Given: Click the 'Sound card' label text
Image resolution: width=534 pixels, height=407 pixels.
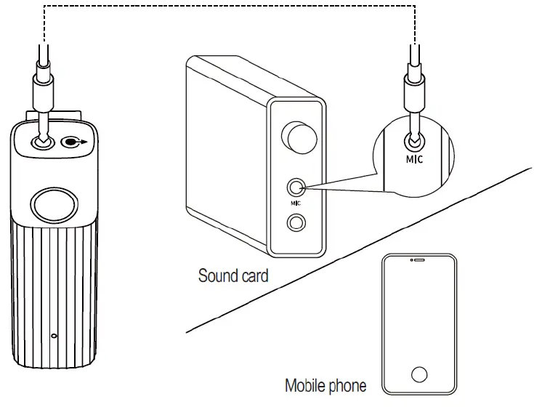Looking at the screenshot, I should click(x=233, y=276).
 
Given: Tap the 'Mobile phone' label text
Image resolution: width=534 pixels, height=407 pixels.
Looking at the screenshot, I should click(x=325, y=385).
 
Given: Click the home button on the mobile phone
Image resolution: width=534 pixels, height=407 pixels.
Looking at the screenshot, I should click(x=418, y=374).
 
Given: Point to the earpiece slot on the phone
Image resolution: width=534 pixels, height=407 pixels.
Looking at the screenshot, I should click(x=418, y=259).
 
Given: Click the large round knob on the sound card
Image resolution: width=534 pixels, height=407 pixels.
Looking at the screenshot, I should click(x=300, y=137).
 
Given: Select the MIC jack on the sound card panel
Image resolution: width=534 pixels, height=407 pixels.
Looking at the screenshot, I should click(x=295, y=188).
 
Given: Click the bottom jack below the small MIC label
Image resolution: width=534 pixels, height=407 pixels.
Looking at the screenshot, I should click(x=295, y=223).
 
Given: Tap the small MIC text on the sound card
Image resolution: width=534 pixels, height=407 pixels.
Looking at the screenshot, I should click(x=295, y=205).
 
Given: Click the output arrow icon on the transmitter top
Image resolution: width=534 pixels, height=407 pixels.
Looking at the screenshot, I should click(x=73, y=142).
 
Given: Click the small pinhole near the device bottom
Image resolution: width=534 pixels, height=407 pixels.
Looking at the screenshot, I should click(x=54, y=336).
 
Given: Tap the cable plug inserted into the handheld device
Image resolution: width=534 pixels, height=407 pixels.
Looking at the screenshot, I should click(x=43, y=94).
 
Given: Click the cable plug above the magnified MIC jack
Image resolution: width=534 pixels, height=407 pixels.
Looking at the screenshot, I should click(x=414, y=94).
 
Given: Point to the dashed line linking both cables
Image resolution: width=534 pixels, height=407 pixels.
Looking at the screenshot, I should click(x=229, y=6).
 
